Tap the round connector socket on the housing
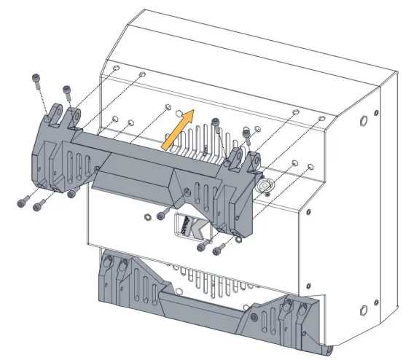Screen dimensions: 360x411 click(266, 186)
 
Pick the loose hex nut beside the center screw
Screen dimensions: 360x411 click(148, 216)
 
